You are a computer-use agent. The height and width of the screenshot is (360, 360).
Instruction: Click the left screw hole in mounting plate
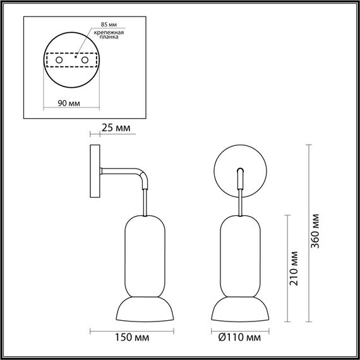(59, 60)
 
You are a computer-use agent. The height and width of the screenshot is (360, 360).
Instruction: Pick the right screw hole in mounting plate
(83, 60)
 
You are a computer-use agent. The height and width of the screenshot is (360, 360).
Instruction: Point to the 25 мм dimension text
(117, 128)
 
